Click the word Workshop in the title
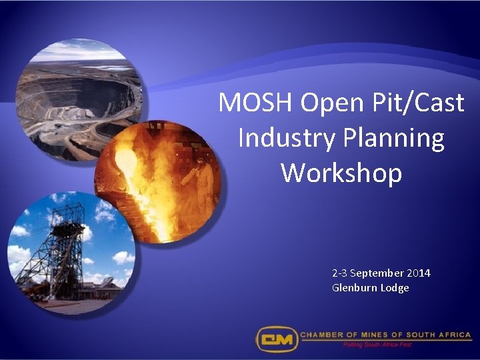pos(341,173)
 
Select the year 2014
pos(419,273)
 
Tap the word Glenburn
pos(355,288)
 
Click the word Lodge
pos(395,288)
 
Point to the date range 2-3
pos(339,273)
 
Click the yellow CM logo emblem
pos(276,338)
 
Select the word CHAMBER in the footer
pos(323,335)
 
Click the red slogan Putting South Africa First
pos(378,345)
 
